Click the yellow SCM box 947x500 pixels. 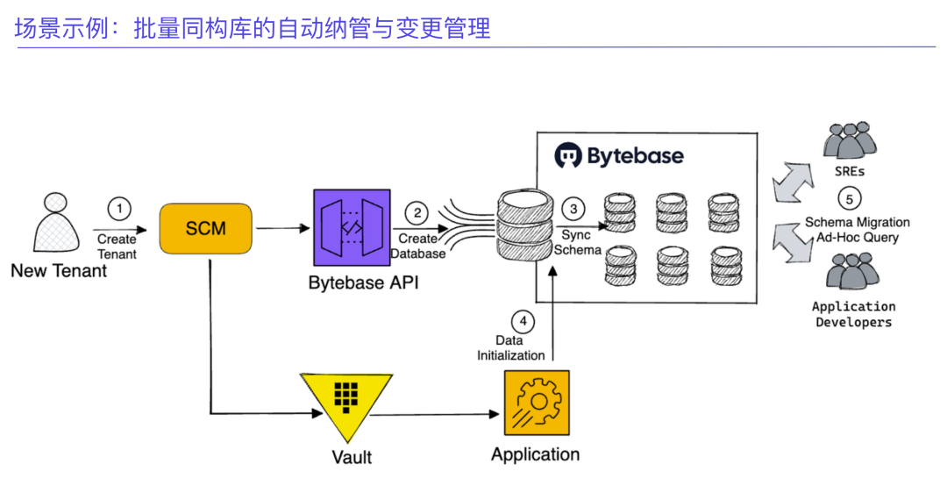tap(205, 229)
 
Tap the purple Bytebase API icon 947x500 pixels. tap(350, 228)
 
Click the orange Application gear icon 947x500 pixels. tap(536, 402)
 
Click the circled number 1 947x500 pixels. tap(118, 209)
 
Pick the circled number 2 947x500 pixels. tap(417, 213)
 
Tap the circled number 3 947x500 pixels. tap(574, 209)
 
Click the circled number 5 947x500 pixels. tap(849, 198)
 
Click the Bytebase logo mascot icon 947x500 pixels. tap(568, 156)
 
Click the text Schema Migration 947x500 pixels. tap(858, 223)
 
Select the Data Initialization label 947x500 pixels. tap(510, 347)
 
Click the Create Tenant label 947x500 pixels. tap(117, 246)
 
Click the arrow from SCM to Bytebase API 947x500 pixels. tap(282, 229)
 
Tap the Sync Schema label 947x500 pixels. tap(577, 242)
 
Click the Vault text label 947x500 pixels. tap(352, 457)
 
